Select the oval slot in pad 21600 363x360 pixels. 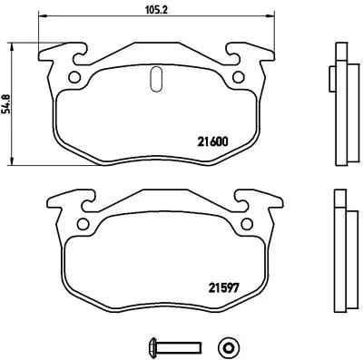tap(154, 80)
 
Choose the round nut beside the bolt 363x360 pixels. tap(228, 345)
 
